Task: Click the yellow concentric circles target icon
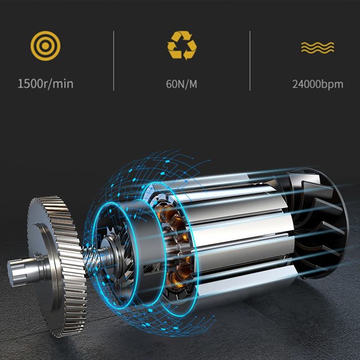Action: [46, 46]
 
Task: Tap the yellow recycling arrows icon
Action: [182, 45]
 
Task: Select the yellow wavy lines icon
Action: [318, 47]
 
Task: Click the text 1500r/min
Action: [46, 84]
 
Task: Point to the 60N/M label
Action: [181, 84]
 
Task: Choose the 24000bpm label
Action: [318, 84]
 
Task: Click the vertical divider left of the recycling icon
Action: [114, 60]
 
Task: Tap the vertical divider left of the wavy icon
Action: [250, 60]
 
